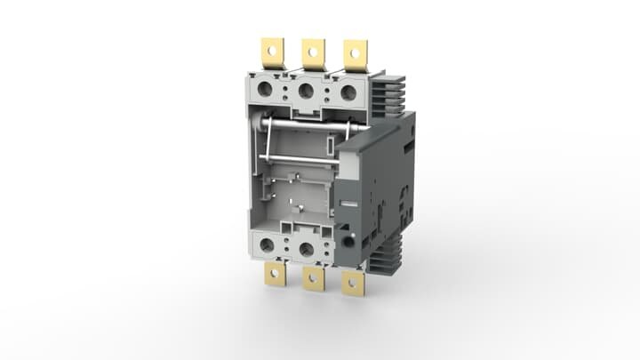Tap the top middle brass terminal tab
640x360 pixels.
(x=312, y=53)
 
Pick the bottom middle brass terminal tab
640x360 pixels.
(x=313, y=279)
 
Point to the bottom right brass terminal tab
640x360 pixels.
(x=354, y=282)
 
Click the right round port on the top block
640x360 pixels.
(x=348, y=92)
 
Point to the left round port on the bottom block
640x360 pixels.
(x=267, y=245)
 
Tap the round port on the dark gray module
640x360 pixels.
(x=348, y=241)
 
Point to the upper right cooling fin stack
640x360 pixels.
(x=388, y=93)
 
